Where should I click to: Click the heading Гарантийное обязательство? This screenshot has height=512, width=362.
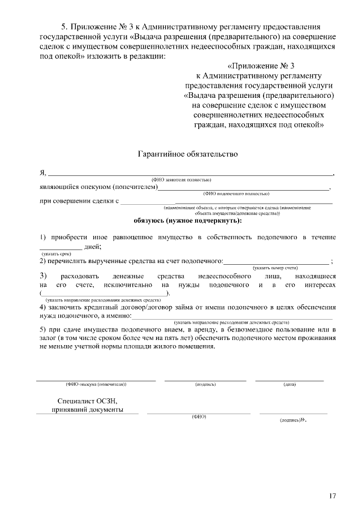point(184,154)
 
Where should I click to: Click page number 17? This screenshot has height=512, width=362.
point(332,496)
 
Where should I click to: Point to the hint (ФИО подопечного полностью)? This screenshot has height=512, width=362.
point(236,193)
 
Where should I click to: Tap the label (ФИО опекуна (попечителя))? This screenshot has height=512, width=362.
point(96,385)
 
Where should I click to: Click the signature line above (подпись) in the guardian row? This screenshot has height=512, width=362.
point(205,380)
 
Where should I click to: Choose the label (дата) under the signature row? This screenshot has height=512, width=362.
point(290,385)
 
